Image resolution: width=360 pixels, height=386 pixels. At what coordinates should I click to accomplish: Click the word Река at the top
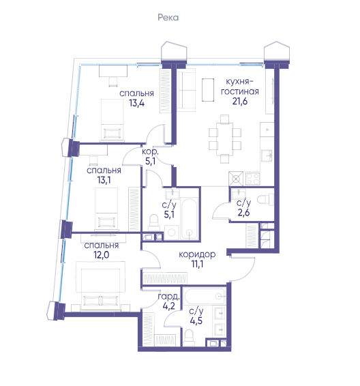(168, 18)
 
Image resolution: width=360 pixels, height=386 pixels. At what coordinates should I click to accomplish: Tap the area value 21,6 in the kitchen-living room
(240, 101)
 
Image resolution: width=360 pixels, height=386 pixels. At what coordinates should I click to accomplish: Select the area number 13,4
(137, 103)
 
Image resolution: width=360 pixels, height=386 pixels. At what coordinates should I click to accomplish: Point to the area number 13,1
(104, 180)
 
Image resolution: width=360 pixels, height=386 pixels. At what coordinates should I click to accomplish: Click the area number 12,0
(101, 255)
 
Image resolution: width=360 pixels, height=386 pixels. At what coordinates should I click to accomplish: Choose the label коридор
(197, 254)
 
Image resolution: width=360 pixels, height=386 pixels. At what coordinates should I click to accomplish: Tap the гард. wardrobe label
(168, 297)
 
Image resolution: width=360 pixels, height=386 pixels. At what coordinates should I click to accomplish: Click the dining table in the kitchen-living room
(225, 139)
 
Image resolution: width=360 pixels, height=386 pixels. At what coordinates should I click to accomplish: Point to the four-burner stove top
(252, 179)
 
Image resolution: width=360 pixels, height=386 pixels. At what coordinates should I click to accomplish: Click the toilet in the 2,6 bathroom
(265, 199)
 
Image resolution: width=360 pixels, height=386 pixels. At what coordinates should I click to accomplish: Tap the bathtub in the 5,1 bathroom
(190, 218)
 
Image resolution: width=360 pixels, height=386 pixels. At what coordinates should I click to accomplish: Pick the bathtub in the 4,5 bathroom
(205, 296)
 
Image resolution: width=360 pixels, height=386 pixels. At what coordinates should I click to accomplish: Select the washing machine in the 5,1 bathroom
(171, 233)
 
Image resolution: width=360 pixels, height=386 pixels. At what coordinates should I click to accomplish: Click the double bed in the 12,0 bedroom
(100, 285)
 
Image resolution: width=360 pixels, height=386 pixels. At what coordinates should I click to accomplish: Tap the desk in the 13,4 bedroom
(113, 71)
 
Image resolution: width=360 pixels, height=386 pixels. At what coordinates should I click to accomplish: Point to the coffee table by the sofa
(208, 90)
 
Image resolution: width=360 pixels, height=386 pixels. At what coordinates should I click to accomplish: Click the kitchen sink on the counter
(267, 155)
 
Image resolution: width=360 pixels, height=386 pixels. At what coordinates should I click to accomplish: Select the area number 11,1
(198, 264)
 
